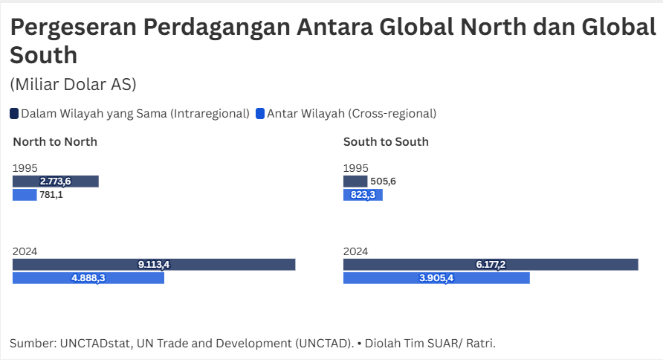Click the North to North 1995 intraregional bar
(x=55, y=181)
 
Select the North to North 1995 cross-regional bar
(x=25, y=195)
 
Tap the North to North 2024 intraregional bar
(x=154, y=265)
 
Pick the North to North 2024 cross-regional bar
(x=88, y=278)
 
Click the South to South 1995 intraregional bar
(x=355, y=181)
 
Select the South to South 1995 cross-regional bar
(x=363, y=195)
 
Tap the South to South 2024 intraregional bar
(x=491, y=265)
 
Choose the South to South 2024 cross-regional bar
(x=436, y=278)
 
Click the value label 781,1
(x=51, y=195)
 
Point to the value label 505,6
(x=384, y=181)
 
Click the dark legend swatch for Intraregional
(x=14, y=114)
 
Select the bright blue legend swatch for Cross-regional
(x=260, y=114)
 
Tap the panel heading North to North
(x=55, y=142)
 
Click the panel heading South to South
(x=386, y=142)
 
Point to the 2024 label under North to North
(x=25, y=252)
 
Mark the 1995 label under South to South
(x=355, y=168)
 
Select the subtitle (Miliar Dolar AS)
(x=73, y=84)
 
